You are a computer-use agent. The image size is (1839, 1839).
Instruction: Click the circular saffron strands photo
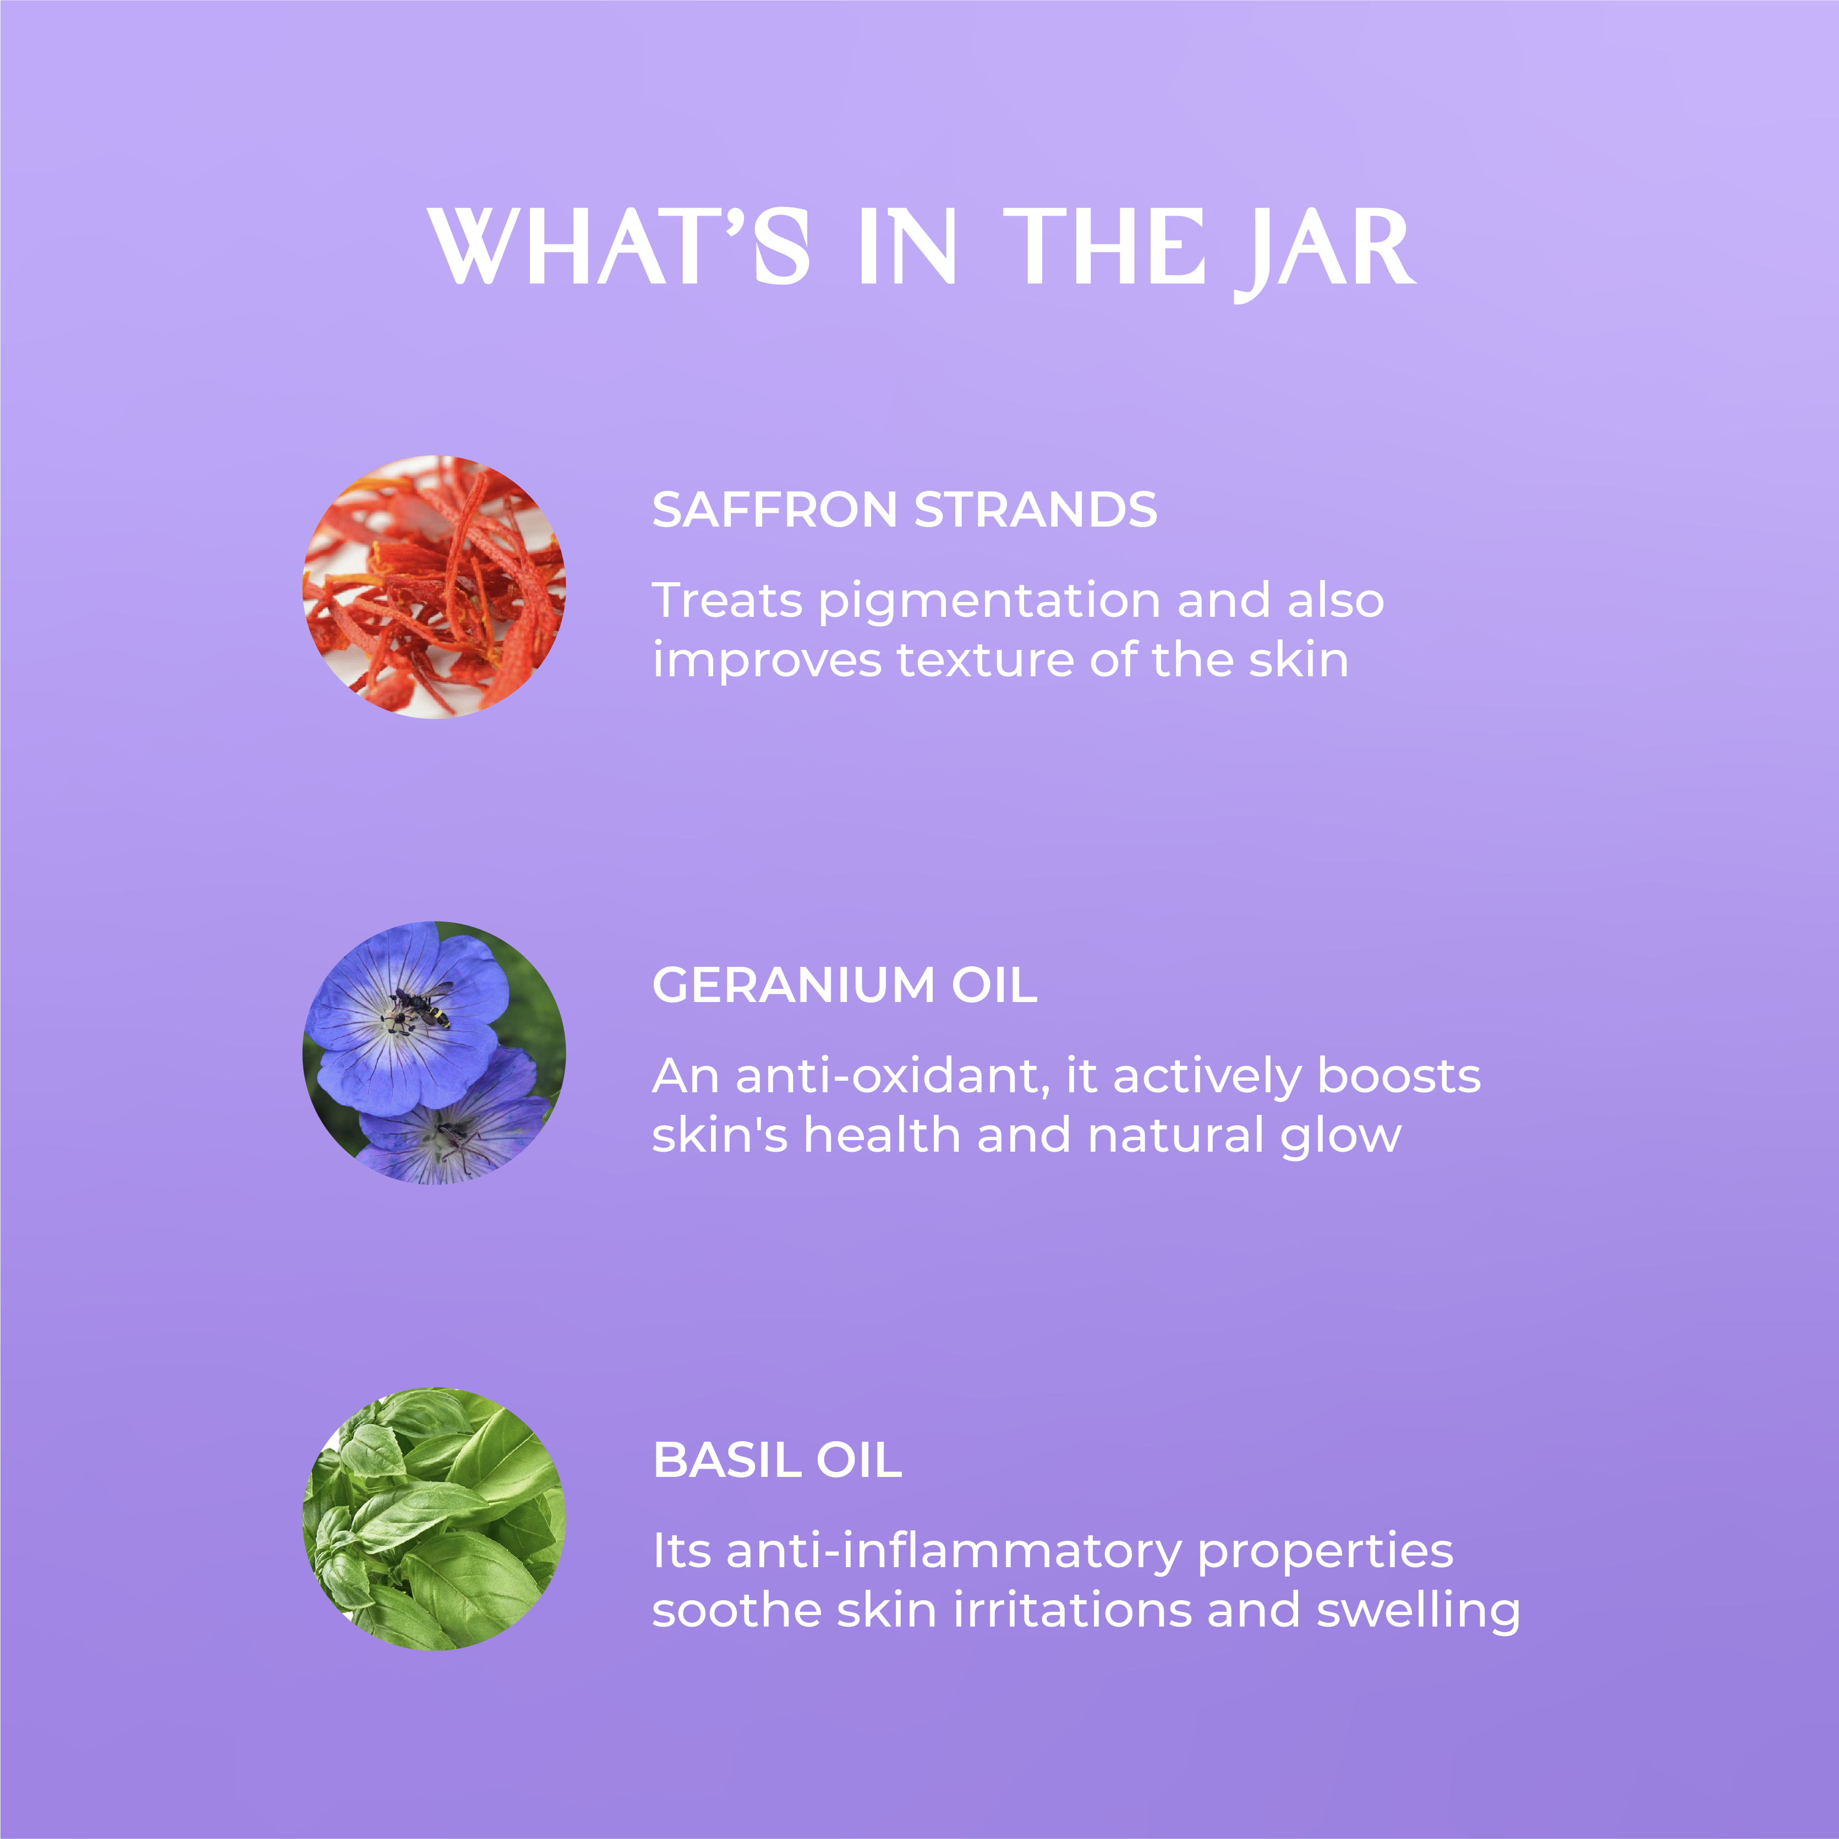tap(434, 587)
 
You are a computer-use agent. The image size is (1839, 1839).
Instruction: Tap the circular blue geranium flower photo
tap(434, 1053)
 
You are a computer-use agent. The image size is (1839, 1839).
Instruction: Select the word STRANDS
tap(1036, 510)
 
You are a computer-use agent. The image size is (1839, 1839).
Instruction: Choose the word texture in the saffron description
tap(985, 660)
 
